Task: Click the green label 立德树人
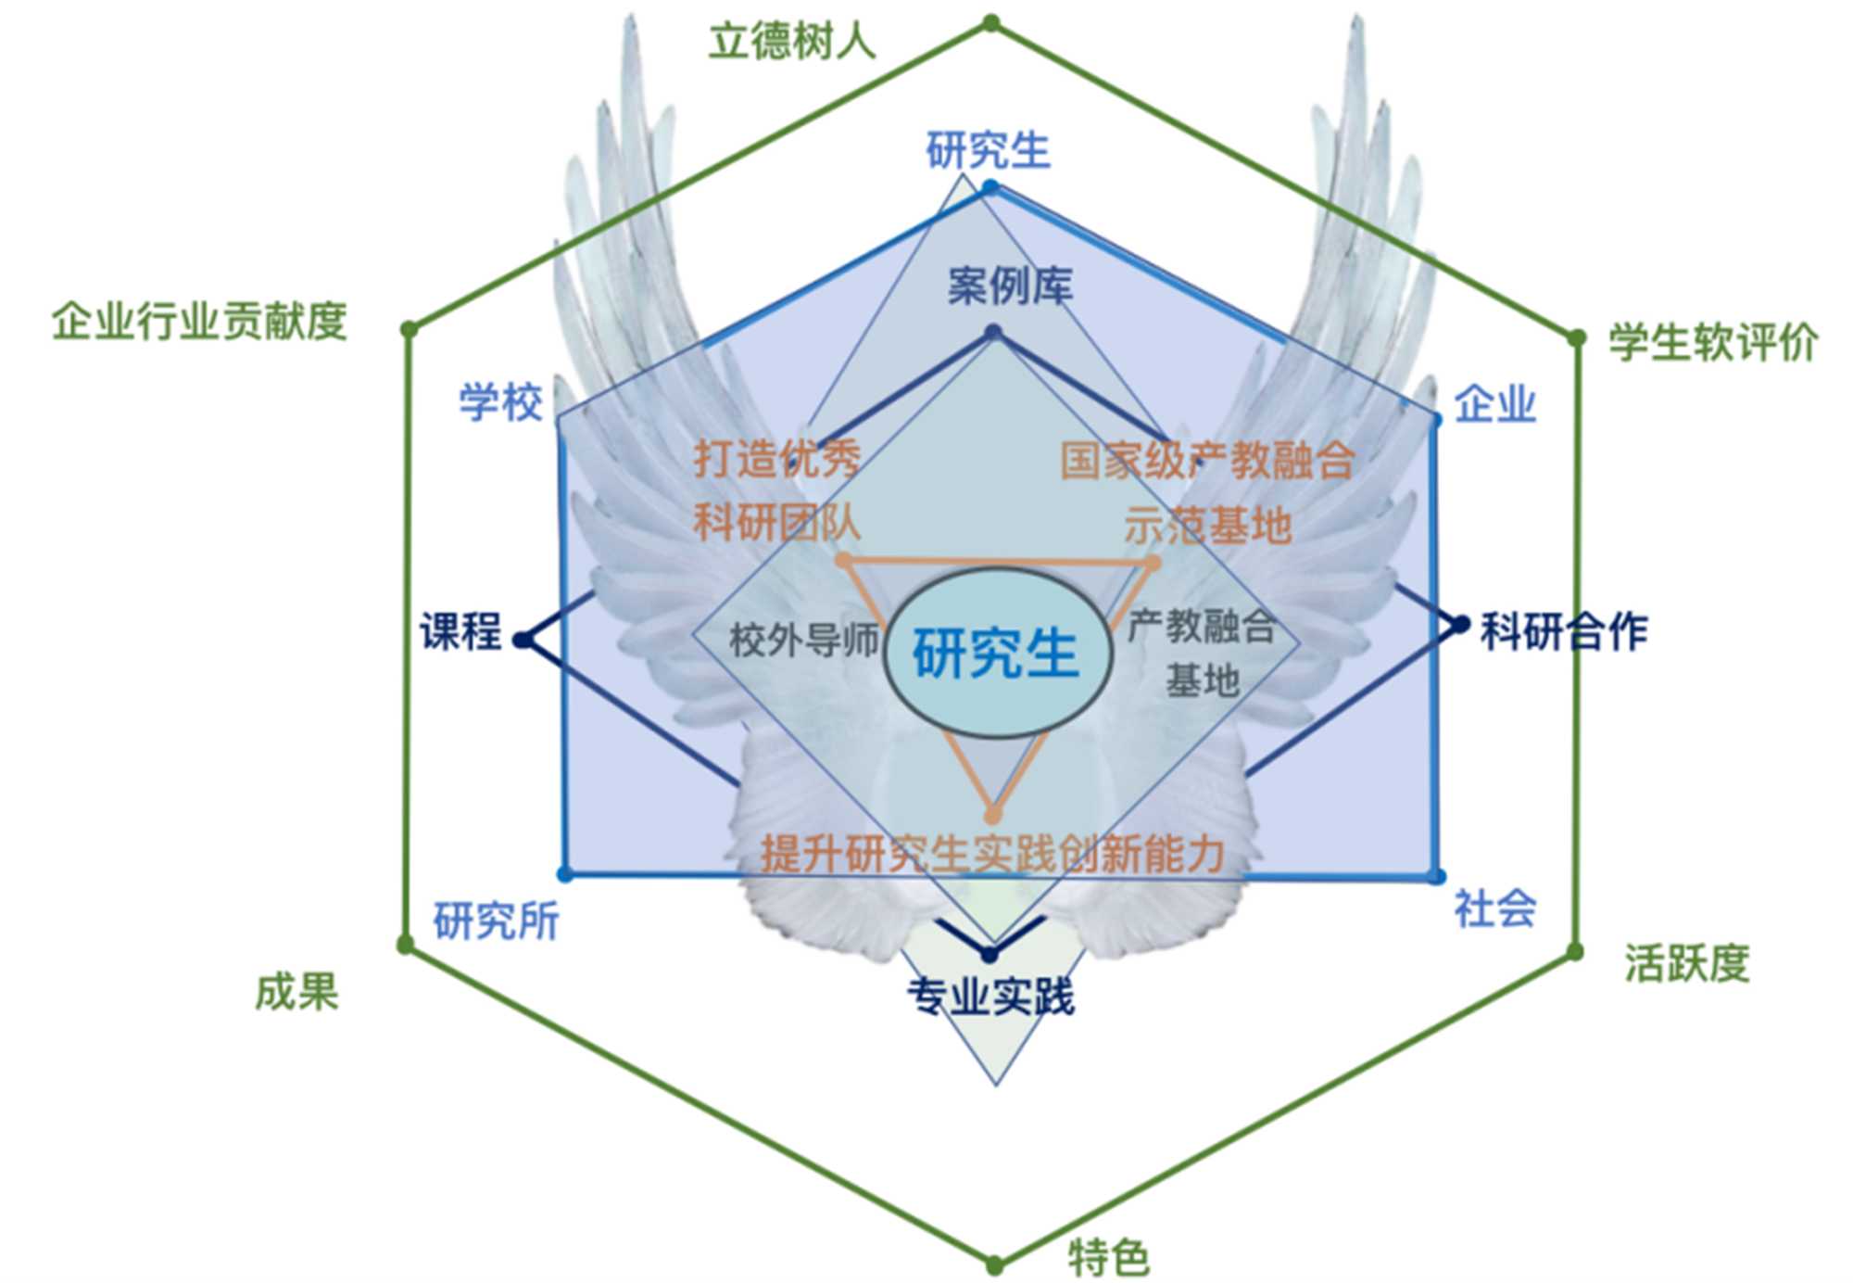pos(792,42)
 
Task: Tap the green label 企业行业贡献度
pos(199,322)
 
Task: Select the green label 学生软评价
pos(1712,342)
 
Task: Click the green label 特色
pos(1109,1257)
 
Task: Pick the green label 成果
pos(296,992)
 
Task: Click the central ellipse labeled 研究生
pos(997,654)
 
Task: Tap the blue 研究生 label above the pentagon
pos(989,150)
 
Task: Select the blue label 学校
pos(501,403)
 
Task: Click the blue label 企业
pos(1494,405)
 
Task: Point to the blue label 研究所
pos(497,921)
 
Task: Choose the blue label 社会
pos(1494,908)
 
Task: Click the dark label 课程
pos(460,632)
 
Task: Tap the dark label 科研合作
pos(1564,631)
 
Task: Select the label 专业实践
pos(990,997)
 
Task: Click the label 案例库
pos(1010,286)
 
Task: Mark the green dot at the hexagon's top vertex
pos(991,22)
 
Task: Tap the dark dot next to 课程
pos(523,640)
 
